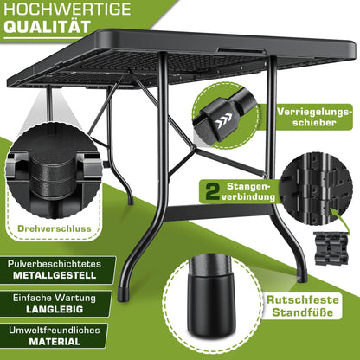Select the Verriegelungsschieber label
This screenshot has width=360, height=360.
point(315,117)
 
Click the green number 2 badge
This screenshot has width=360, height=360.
point(210,189)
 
